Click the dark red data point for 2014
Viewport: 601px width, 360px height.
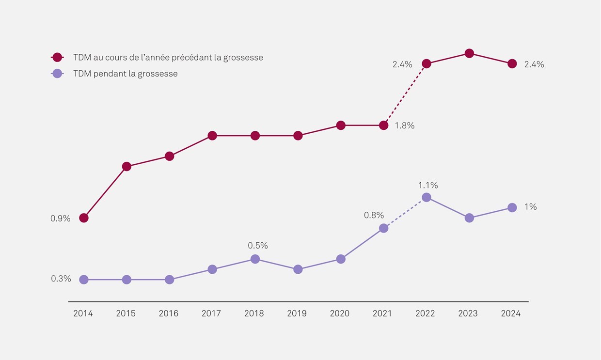click(84, 218)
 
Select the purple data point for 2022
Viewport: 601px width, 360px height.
click(427, 197)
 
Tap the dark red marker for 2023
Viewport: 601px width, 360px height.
click(469, 53)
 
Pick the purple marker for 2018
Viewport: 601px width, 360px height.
click(255, 259)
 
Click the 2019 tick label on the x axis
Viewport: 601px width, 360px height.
click(297, 313)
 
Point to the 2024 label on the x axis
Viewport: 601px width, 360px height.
click(511, 313)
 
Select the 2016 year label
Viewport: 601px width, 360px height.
click(169, 313)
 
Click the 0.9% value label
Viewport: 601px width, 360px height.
click(61, 219)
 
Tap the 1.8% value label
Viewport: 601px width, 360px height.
click(405, 125)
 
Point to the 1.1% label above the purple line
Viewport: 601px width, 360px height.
click(428, 185)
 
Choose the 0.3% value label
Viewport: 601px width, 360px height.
click(61, 279)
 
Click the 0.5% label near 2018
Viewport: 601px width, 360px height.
click(258, 246)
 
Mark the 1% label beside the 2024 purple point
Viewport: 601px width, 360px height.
click(531, 207)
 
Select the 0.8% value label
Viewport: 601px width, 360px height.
click(374, 215)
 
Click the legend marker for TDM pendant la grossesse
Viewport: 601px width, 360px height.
click(58, 74)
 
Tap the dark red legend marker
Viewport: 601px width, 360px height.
click(58, 57)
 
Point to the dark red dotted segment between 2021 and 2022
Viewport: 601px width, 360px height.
click(405, 94)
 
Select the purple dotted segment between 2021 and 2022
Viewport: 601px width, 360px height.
click(405, 213)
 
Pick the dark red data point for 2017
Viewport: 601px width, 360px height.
click(212, 136)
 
